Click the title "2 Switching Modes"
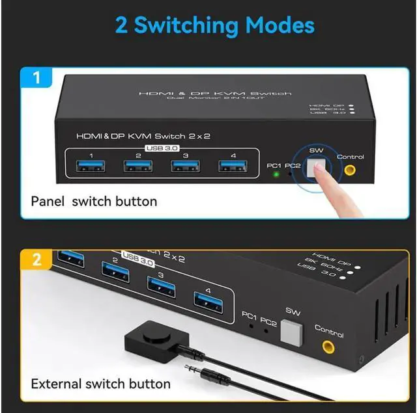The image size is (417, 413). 214,25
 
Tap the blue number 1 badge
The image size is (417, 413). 37,79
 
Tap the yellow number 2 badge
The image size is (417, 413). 37,260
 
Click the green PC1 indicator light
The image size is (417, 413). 276,174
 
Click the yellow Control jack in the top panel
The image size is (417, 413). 350,170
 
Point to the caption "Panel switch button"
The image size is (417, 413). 94,201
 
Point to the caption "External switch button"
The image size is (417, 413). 100,383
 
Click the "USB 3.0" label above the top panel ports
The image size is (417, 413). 163,148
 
